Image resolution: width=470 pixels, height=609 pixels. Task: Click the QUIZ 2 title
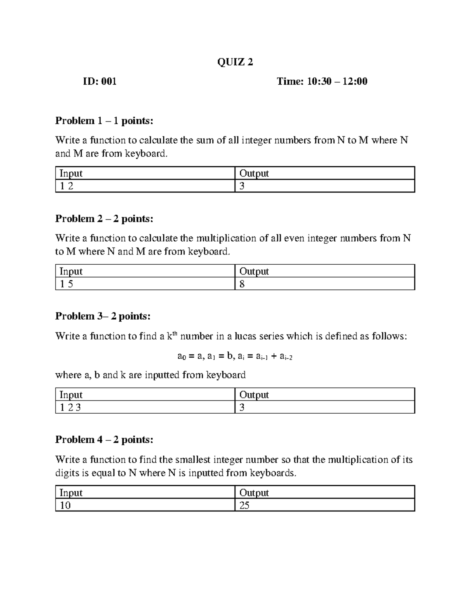point(235,62)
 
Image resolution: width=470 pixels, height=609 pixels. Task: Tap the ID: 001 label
point(99,82)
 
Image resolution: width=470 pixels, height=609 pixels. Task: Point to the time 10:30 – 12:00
point(322,82)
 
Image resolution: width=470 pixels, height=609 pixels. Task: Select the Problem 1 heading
point(104,121)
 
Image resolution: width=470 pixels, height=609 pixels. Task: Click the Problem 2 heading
point(104,219)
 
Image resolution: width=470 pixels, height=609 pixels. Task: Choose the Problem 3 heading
point(103,316)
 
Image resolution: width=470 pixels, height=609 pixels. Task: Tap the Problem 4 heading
point(104,440)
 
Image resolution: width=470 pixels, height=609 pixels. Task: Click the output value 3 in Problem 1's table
point(242,186)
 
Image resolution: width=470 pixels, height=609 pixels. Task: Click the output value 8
point(242,284)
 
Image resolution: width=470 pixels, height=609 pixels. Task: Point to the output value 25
point(244,505)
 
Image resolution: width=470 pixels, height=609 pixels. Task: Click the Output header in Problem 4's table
point(254,493)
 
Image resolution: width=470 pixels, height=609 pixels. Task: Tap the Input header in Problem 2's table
point(70,271)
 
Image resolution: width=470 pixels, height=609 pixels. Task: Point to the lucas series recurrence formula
point(235,356)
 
